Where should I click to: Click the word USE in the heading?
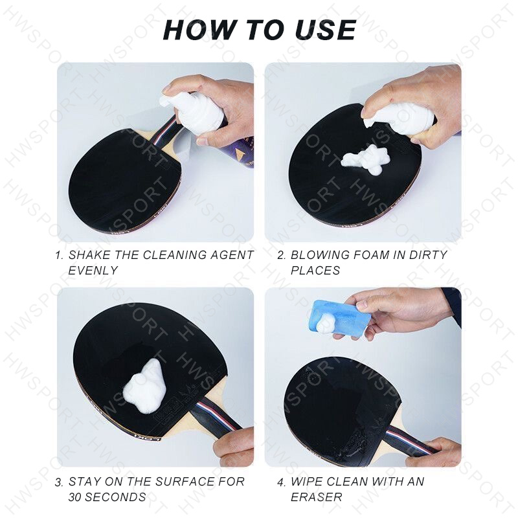325,30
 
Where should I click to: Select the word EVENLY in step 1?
93,270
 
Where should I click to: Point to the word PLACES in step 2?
315,270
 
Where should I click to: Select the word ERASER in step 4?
316,497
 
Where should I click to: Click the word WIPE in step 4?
306,482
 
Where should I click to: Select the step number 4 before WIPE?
281,482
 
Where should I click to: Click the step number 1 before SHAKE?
59,255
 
